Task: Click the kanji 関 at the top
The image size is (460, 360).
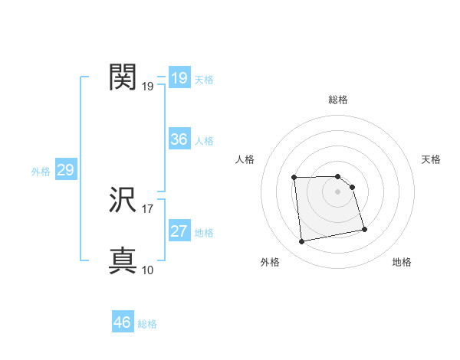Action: (x=123, y=77)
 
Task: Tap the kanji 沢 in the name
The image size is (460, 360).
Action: (x=123, y=201)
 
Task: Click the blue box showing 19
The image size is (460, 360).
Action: (x=179, y=78)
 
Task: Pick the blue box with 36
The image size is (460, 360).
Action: (x=179, y=139)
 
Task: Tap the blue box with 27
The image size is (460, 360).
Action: (x=179, y=231)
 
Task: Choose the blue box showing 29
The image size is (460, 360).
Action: (x=65, y=170)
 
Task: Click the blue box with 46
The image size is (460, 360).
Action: (x=123, y=322)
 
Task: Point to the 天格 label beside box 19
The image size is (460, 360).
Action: (x=204, y=80)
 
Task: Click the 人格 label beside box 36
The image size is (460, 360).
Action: (x=204, y=141)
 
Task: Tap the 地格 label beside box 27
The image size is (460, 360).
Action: (x=204, y=233)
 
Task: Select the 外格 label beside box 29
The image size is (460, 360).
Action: (x=41, y=172)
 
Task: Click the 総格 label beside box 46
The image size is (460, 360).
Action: (x=147, y=324)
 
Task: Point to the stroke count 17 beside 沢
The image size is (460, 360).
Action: (x=148, y=208)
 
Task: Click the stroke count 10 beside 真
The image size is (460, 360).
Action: (x=148, y=270)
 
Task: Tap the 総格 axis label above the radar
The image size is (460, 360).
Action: (x=338, y=100)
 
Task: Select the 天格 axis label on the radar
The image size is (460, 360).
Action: (x=431, y=159)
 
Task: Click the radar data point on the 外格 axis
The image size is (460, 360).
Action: (x=302, y=242)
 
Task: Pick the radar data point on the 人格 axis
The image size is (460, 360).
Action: (x=294, y=178)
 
